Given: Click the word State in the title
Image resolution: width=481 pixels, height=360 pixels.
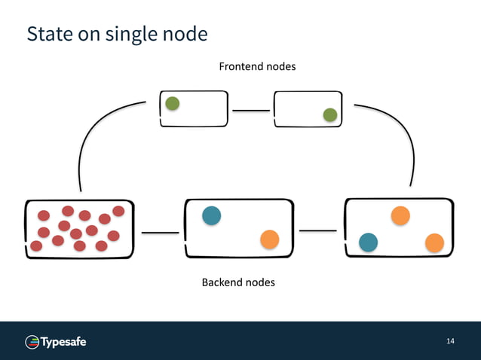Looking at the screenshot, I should click(46, 35).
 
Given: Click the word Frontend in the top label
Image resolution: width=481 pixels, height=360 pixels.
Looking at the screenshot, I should click(240, 67).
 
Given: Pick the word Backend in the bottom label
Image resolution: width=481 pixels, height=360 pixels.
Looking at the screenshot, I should click(222, 283).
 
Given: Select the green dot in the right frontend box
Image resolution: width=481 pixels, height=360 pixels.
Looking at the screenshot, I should click(329, 114).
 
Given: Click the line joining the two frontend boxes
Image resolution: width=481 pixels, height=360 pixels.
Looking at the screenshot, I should click(251, 110).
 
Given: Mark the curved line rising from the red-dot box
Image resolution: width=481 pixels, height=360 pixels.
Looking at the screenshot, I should click(90, 136).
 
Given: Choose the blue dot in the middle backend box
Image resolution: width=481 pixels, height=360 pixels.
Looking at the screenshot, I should click(212, 215).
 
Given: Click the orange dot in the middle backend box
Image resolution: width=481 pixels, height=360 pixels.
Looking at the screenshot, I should click(269, 239).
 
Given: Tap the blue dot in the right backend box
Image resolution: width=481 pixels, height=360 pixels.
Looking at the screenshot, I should click(368, 242).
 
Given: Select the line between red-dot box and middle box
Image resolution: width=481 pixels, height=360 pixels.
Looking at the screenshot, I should click(159, 233).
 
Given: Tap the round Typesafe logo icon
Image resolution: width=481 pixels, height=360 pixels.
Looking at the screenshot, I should click(32, 343).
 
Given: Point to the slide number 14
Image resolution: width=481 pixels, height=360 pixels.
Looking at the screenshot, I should click(450, 342).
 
